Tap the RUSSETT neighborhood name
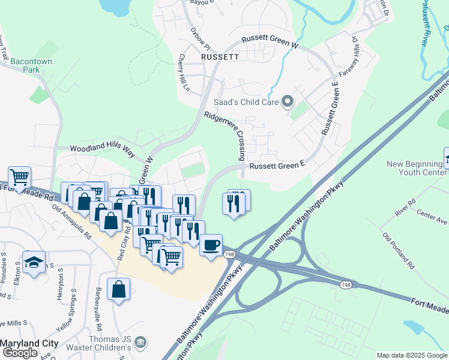point(220,57)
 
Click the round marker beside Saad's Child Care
point(288,101)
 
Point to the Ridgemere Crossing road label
point(224,136)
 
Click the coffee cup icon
point(211,245)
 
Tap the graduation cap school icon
point(34,262)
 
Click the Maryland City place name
point(29,343)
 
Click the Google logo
point(20,353)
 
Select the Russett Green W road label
point(270,41)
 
